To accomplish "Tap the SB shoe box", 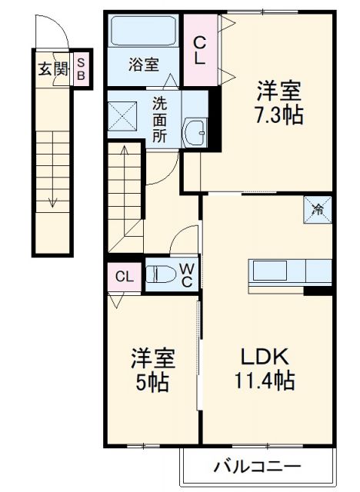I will pos(82,69).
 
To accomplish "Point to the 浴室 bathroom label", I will pos(144,65).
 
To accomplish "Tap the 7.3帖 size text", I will pos(279,115).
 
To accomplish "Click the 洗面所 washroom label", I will pos(159,118).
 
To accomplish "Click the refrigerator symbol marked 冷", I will pos(318,208).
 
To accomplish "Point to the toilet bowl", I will pos(162,274).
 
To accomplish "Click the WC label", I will pos(188,274).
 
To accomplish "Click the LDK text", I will pos(265,357).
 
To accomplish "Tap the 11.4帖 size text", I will pos(265,380).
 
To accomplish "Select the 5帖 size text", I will pos(152,381).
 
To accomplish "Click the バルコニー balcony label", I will pos(257,466).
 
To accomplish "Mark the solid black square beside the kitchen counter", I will pos(318,291).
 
